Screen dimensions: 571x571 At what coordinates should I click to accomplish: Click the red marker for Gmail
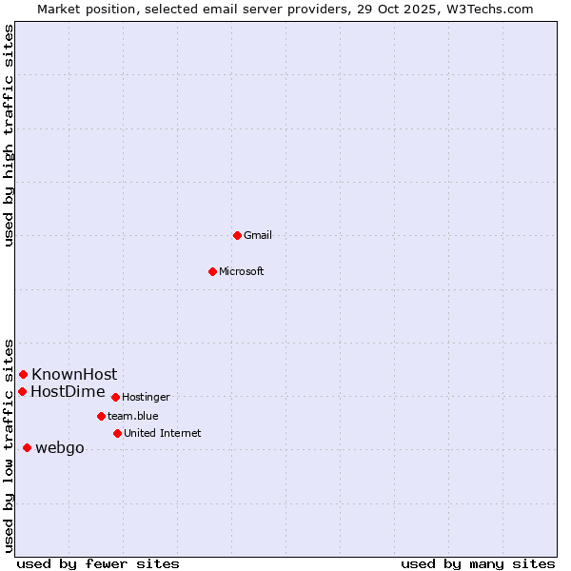tap(237, 235)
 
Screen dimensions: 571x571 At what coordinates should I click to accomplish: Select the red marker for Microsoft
tap(213, 271)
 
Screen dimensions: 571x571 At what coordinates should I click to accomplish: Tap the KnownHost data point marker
tap(23, 374)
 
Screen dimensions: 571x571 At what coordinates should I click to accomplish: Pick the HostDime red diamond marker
tap(22, 391)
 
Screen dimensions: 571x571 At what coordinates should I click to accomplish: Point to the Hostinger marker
tap(115, 397)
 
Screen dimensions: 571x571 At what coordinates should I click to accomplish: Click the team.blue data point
tap(101, 416)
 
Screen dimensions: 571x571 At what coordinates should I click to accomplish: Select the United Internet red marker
tap(117, 433)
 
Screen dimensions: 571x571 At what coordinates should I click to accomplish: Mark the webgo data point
tap(27, 447)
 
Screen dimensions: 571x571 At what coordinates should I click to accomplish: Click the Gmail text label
tap(258, 235)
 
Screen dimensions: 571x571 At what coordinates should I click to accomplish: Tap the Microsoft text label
tap(242, 271)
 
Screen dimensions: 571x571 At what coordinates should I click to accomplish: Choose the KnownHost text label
tap(74, 374)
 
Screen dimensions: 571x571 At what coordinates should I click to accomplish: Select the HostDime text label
tap(68, 391)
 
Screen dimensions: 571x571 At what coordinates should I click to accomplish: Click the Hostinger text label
tap(146, 397)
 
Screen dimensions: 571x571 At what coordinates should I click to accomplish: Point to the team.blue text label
tap(133, 416)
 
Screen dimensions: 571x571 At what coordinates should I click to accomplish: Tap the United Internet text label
tap(162, 433)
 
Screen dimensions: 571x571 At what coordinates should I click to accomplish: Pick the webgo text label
tap(60, 448)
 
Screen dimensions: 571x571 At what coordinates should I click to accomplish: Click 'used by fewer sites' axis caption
tap(98, 563)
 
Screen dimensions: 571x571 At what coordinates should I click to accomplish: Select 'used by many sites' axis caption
tap(478, 563)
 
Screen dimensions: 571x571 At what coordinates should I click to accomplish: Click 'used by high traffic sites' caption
tap(10, 135)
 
